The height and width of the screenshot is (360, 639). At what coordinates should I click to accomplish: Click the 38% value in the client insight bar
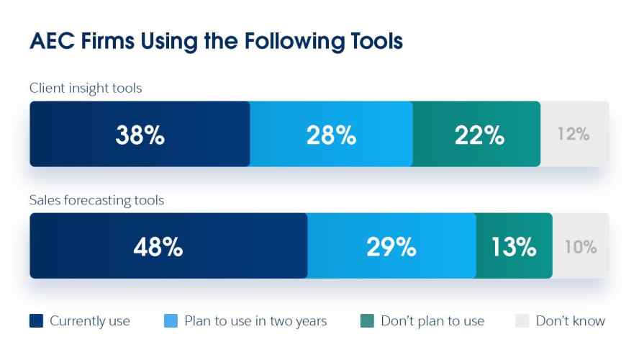coord(140,135)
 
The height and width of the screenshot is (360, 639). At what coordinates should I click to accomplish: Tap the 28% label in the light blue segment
coord(331,135)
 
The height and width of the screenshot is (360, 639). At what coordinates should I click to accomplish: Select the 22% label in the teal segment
coord(480,135)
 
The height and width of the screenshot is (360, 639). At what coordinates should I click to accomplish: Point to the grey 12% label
coord(574,134)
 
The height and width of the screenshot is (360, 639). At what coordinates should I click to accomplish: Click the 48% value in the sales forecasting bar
coord(158,247)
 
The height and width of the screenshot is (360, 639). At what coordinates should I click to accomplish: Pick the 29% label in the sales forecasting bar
coord(391,247)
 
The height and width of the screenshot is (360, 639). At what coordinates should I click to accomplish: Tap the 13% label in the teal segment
coord(514,247)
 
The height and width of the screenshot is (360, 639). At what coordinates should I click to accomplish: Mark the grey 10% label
coord(581,247)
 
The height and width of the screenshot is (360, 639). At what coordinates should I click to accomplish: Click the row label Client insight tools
coord(86,88)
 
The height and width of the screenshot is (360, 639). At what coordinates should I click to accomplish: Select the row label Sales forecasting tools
coord(96,200)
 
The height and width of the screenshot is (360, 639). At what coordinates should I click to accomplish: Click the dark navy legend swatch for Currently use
coord(36,321)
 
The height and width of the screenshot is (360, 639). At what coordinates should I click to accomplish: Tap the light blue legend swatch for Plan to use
coord(171,321)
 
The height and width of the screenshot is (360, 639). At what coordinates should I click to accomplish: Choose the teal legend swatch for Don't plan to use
coord(367,321)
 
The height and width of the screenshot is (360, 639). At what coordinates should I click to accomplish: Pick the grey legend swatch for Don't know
coord(522,321)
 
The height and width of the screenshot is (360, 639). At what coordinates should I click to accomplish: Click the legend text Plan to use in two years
coord(255,321)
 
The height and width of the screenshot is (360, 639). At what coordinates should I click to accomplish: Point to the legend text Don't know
coord(571,321)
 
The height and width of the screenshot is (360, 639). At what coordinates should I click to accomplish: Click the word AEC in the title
coord(52,41)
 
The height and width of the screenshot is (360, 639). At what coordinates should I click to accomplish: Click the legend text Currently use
coord(90,321)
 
